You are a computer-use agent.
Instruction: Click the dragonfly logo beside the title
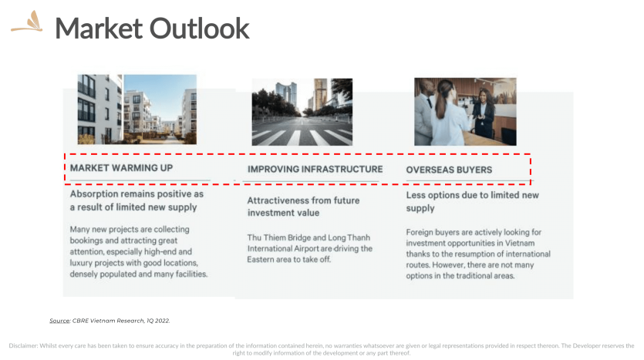[x=27, y=22]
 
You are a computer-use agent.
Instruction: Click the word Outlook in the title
[x=199, y=29]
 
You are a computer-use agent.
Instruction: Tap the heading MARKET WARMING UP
[x=121, y=168]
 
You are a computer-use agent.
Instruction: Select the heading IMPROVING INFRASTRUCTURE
[x=315, y=169]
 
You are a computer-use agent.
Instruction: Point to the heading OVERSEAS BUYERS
[x=449, y=170]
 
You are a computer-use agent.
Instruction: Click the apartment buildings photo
[x=137, y=109]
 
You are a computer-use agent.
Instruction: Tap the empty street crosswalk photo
[x=302, y=112]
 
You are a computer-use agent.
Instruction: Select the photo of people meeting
[x=465, y=112]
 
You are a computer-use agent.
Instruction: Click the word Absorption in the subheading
[x=94, y=194]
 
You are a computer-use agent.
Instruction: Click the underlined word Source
[x=59, y=321]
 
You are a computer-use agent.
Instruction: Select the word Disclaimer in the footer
[x=23, y=345]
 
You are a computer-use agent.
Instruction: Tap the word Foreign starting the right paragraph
[x=420, y=232]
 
